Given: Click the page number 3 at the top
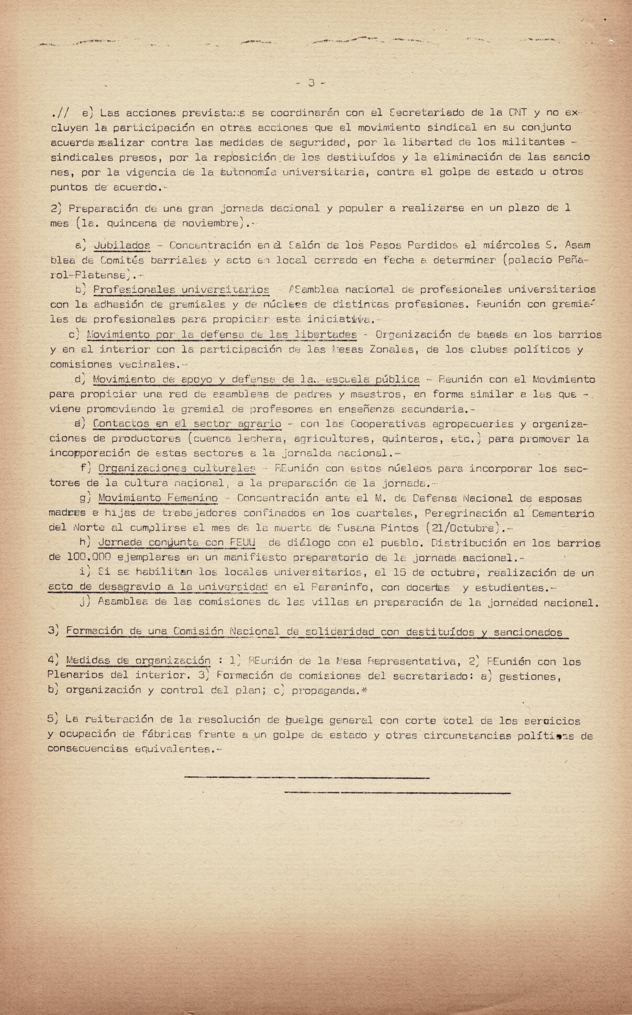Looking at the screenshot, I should (312, 83).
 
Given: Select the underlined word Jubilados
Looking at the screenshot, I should (122, 245).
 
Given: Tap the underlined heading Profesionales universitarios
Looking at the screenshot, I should (181, 289).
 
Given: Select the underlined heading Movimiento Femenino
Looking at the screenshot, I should (158, 498).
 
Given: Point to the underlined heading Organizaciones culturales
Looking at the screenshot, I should (176, 468).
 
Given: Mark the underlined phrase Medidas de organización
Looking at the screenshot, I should (138, 661).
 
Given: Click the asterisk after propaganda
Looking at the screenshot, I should (365, 690).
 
